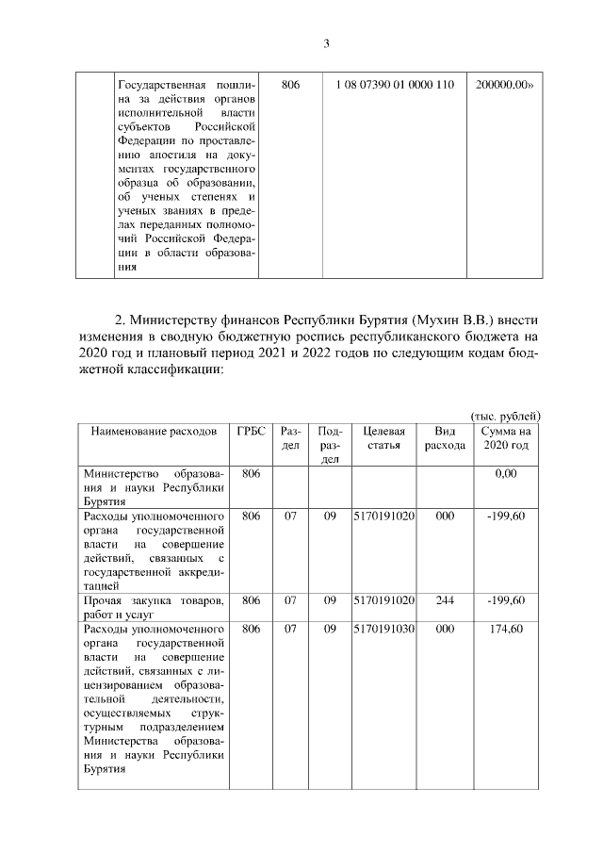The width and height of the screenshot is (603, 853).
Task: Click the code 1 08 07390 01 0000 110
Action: [x=394, y=85]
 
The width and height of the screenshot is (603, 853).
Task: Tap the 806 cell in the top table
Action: [x=290, y=85]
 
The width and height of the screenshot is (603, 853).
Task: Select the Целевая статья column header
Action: [x=383, y=437]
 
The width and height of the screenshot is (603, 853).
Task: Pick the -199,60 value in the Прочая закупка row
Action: [x=506, y=600]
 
